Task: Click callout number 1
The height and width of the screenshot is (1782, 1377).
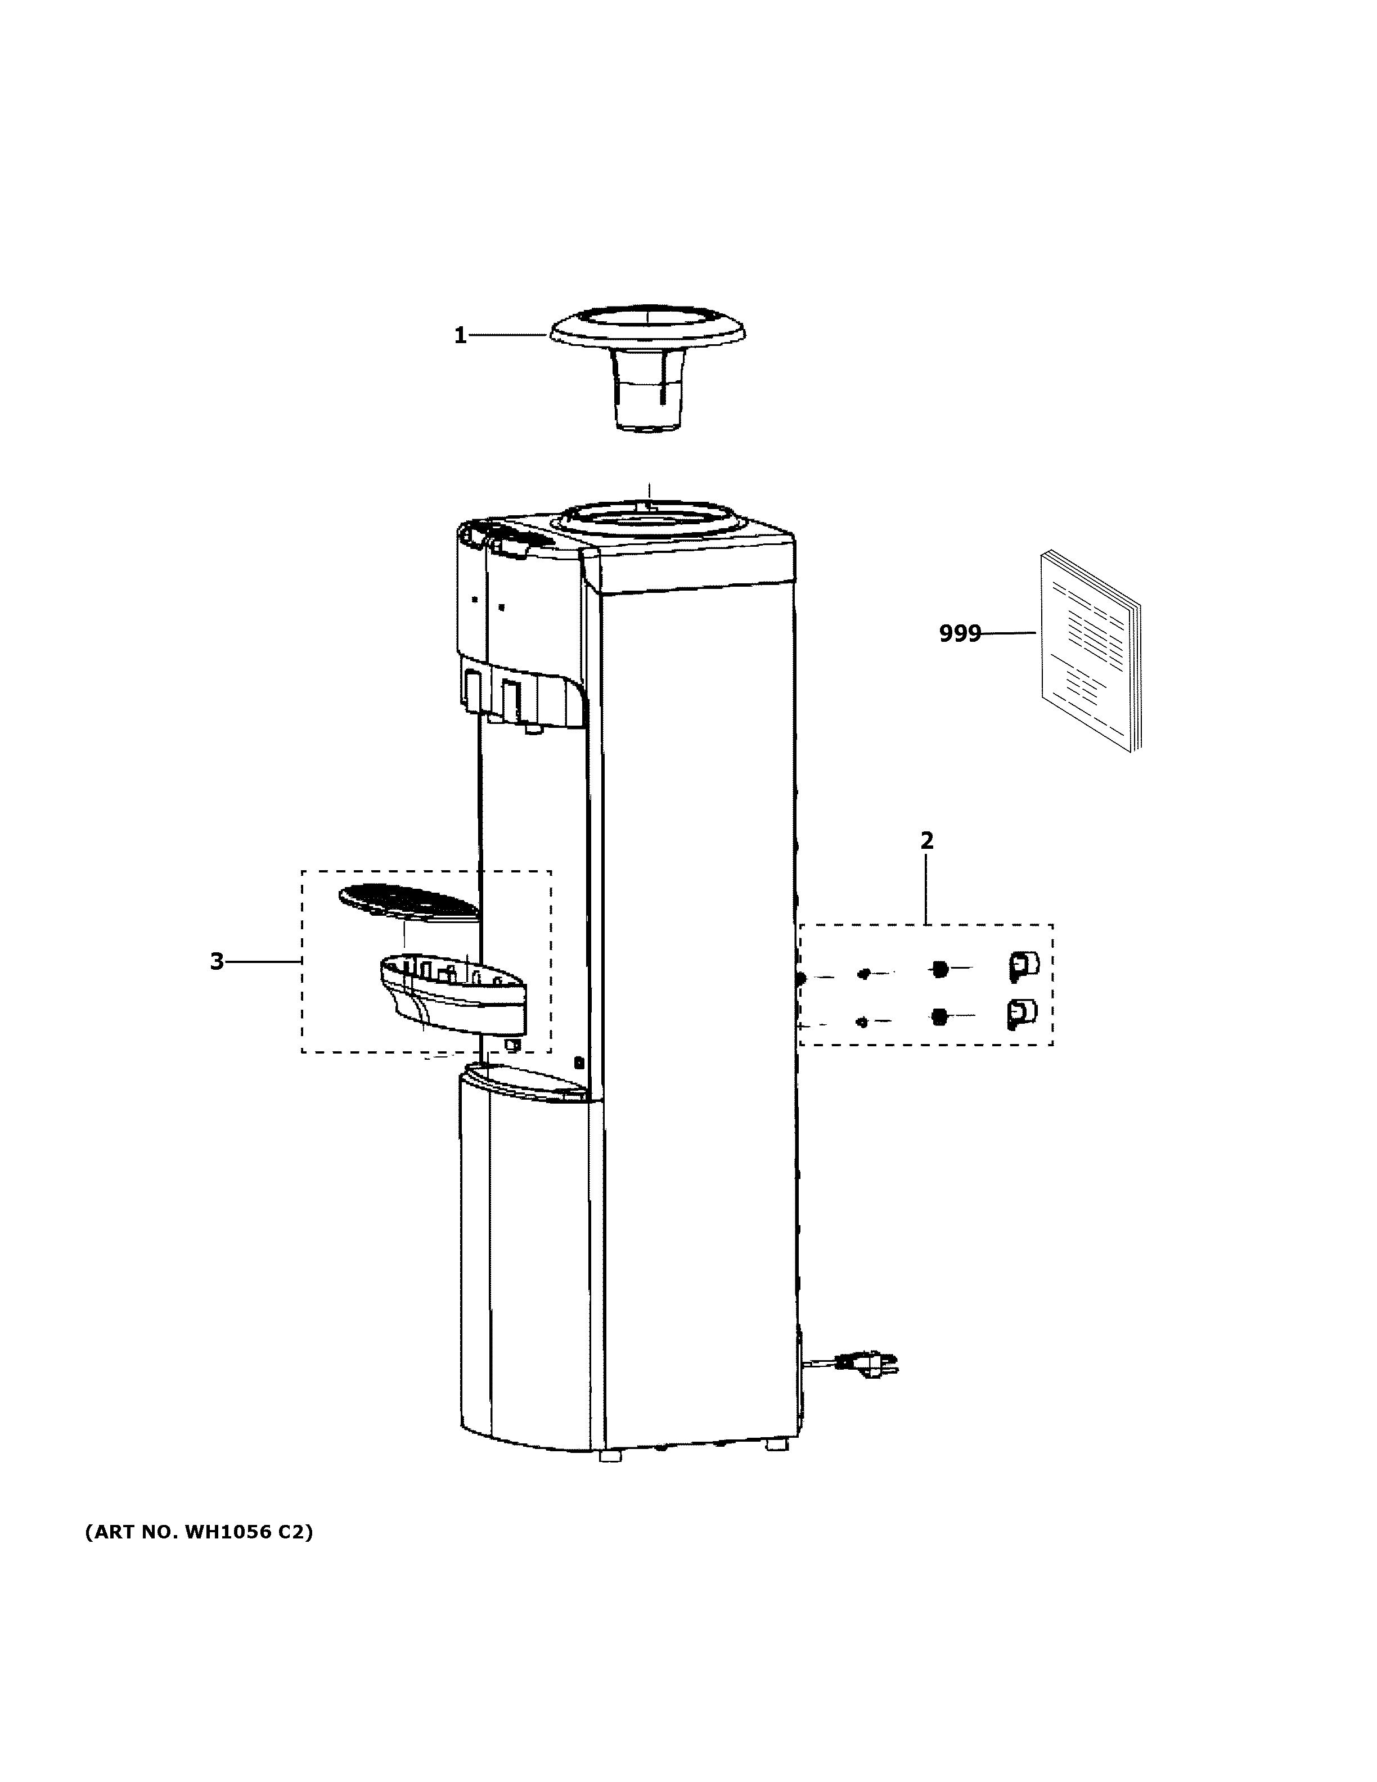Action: pyautogui.click(x=460, y=335)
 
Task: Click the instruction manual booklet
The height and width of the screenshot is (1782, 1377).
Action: pyautogui.click(x=1089, y=650)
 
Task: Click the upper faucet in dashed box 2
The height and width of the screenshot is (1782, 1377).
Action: pyautogui.click(x=1023, y=966)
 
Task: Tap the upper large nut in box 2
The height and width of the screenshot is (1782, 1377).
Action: pyautogui.click(x=940, y=969)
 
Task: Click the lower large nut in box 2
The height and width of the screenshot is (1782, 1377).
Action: pyautogui.click(x=940, y=1016)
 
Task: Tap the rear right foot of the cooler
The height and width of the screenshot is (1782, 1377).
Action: pyautogui.click(x=777, y=1443)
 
